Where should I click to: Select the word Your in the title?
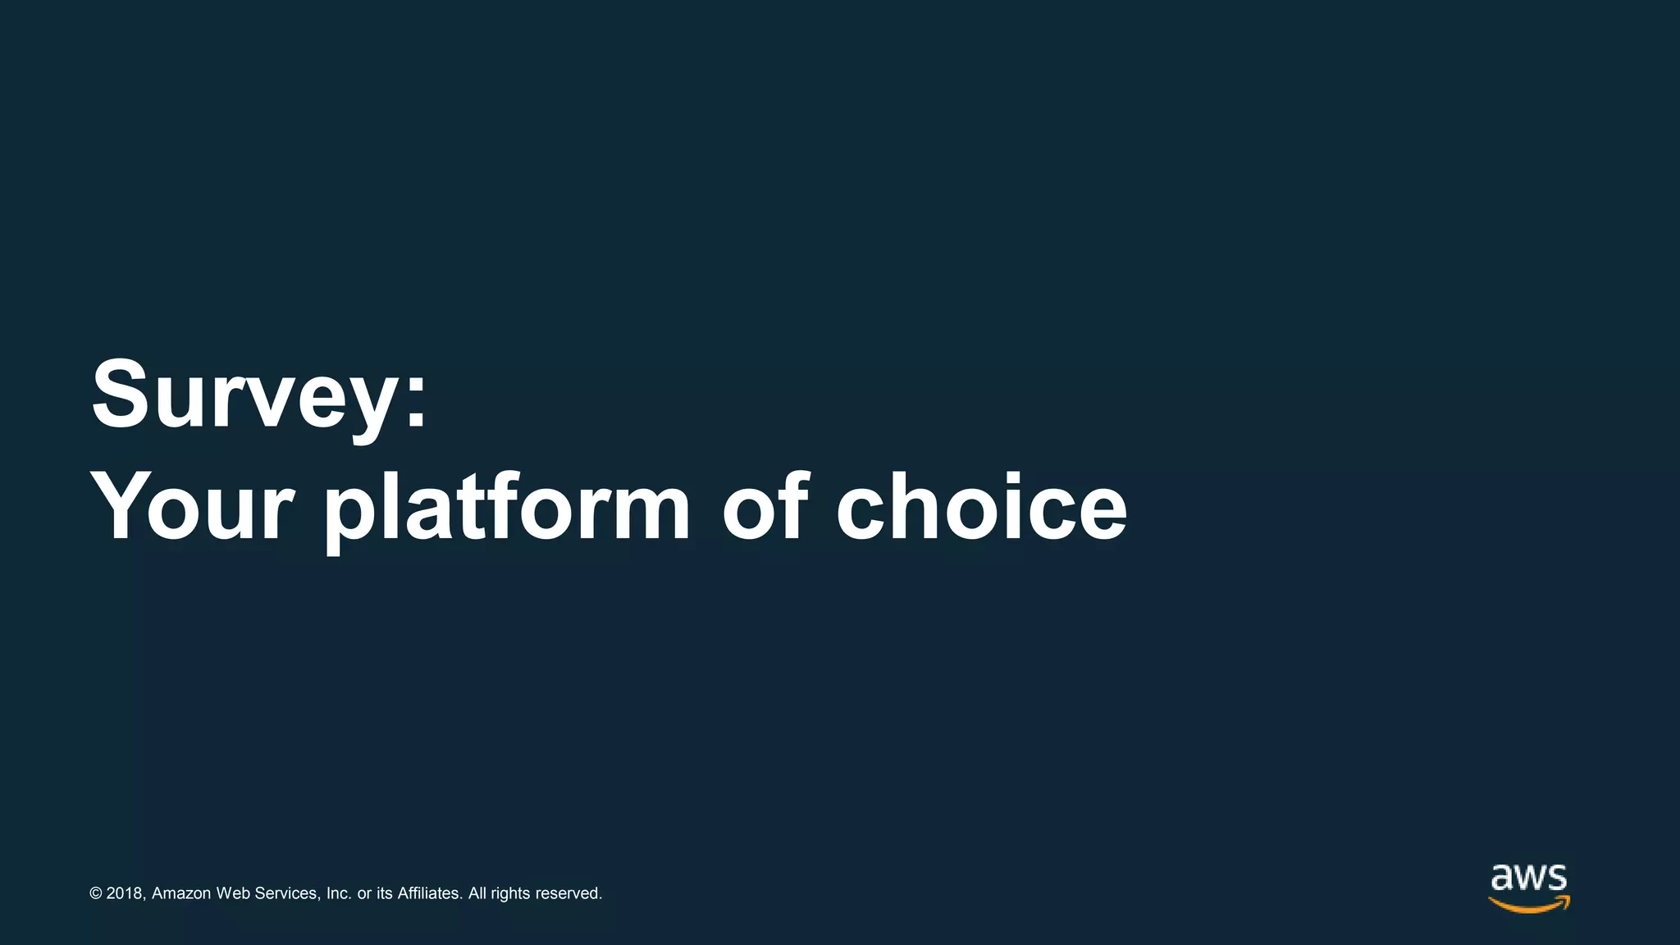[192, 507]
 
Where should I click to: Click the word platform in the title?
[508, 509]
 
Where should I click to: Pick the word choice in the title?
[981, 506]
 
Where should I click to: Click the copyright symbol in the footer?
[96, 893]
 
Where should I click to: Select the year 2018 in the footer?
[126, 893]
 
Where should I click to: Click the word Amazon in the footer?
[181, 893]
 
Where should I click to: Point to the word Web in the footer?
[233, 893]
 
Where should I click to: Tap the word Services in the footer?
[287, 893]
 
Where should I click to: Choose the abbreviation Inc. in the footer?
[339, 893]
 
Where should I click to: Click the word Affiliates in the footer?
[430, 893]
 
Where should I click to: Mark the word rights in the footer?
[510, 893]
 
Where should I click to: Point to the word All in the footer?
[477, 893]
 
